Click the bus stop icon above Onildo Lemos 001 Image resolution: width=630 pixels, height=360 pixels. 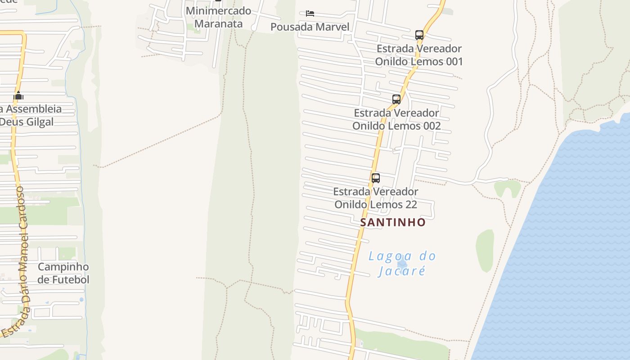pyautogui.click(x=419, y=35)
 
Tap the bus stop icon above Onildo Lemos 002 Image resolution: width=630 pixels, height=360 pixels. pyautogui.click(x=396, y=99)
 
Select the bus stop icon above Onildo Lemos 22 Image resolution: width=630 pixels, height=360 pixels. pyautogui.click(x=376, y=178)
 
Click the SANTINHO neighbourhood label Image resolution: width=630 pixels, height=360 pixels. pyautogui.click(x=393, y=222)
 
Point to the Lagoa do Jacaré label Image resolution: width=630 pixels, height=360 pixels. pyautogui.click(x=402, y=264)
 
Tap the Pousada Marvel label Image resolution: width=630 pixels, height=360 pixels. pyautogui.click(x=310, y=27)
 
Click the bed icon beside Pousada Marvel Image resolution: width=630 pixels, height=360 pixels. pyautogui.click(x=310, y=13)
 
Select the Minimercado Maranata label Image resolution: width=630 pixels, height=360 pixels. pyautogui.click(x=219, y=17)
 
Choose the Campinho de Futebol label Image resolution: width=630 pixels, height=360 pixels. pyautogui.click(x=63, y=273)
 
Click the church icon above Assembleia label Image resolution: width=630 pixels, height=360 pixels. pyautogui.click(x=18, y=96)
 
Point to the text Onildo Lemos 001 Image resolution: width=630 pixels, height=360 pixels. pyautogui.click(x=419, y=62)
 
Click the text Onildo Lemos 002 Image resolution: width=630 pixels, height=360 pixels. pyautogui.click(x=396, y=126)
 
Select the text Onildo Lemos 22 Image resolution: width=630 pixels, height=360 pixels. pyautogui.click(x=376, y=205)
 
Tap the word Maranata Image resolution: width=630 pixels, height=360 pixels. pyautogui.click(x=219, y=24)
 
